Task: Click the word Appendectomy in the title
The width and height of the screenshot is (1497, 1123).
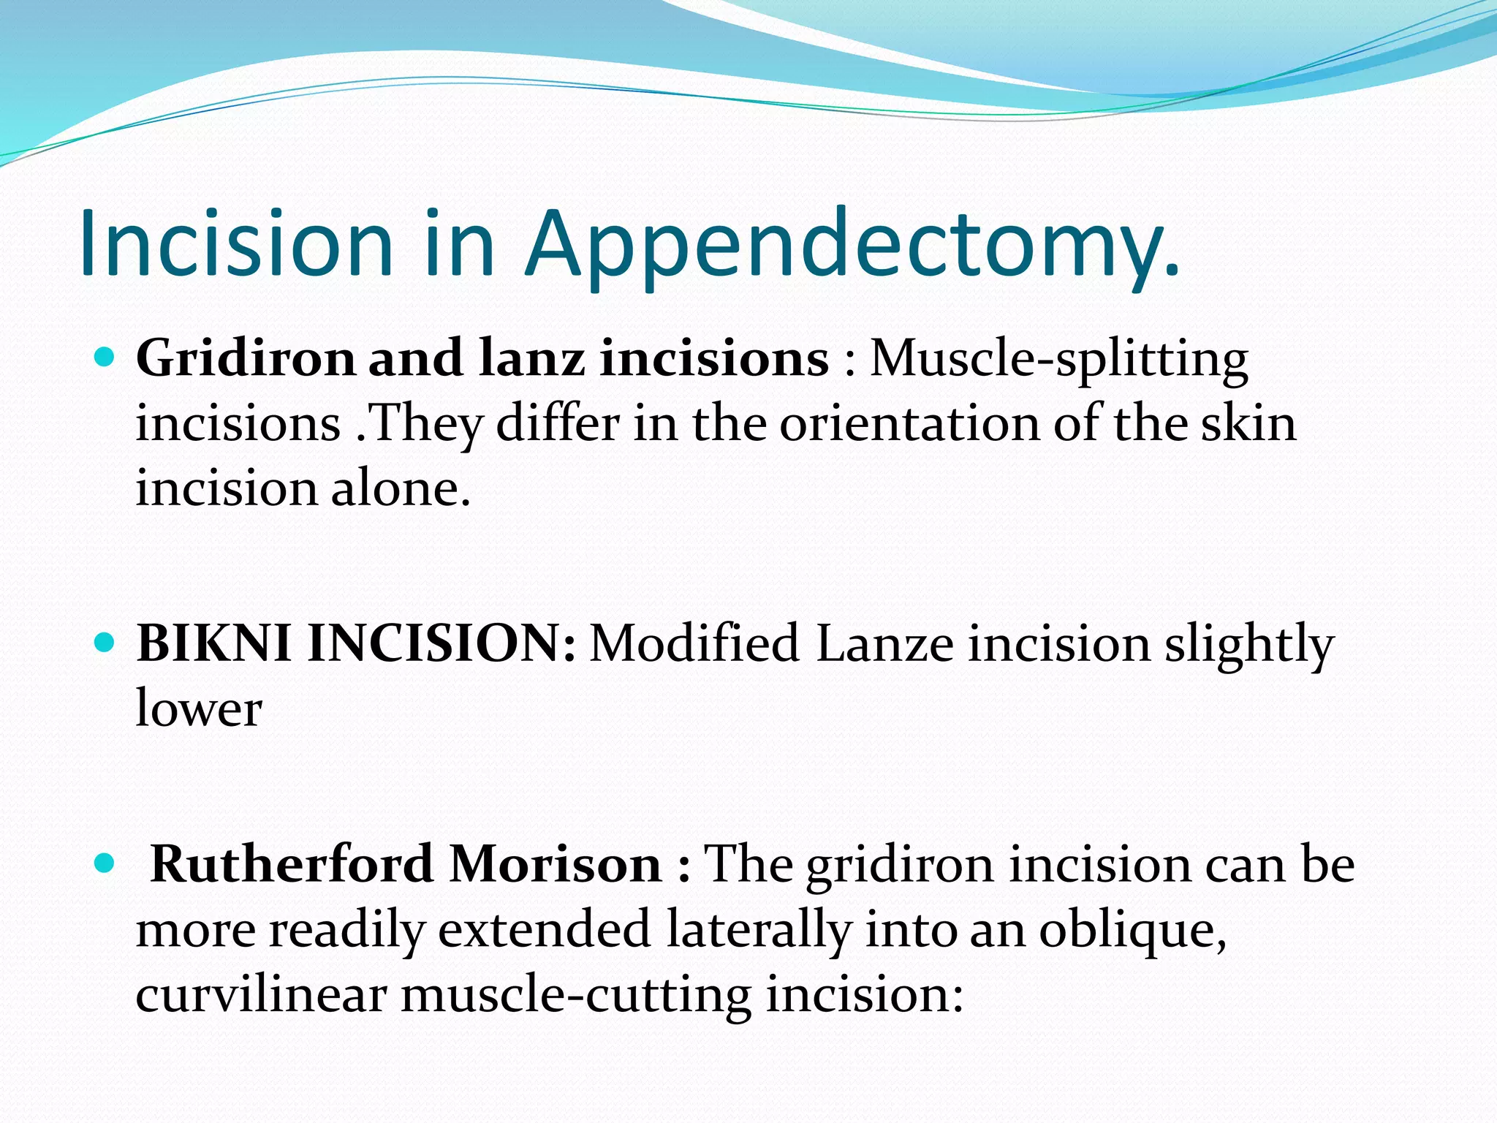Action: pos(852,245)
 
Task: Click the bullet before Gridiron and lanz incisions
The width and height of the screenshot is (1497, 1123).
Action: pos(106,358)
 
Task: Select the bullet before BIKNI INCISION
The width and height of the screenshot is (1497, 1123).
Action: pos(106,643)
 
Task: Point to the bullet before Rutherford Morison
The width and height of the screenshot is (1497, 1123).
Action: pos(106,863)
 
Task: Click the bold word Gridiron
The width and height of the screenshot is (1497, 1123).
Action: pos(245,359)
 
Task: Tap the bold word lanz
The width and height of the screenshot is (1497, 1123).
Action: pos(531,359)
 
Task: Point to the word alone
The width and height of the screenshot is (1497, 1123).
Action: pos(400,488)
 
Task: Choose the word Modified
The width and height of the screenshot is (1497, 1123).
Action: pos(694,644)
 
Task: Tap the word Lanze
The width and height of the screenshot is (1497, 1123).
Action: pos(884,646)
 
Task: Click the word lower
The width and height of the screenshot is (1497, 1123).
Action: pos(199,709)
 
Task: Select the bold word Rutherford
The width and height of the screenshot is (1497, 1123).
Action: pos(292,865)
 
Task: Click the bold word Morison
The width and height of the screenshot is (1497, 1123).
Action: pos(556,865)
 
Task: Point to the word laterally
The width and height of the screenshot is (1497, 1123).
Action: pos(759,931)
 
